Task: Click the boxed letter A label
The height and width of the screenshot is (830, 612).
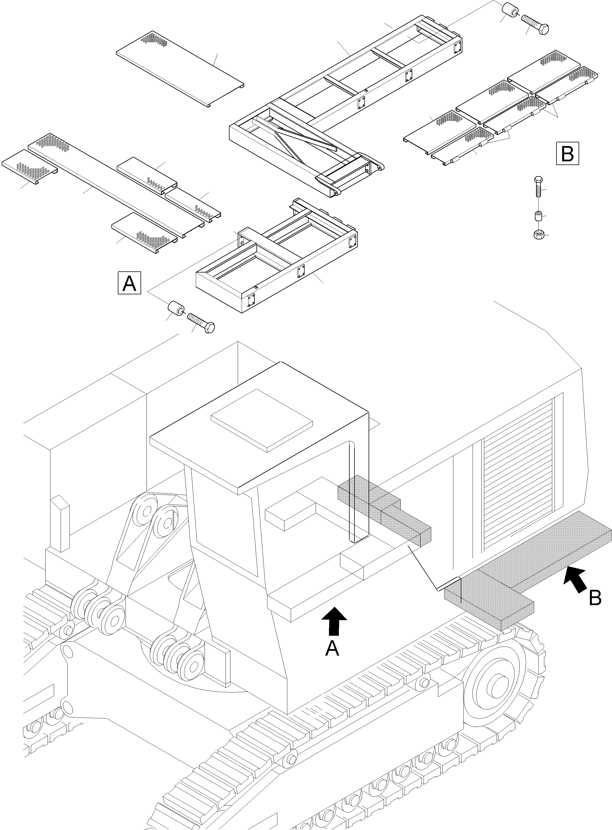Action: pos(129,283)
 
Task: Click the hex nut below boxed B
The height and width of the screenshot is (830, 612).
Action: pos(539,234)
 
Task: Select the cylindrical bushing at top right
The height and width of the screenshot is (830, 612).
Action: pos(509,11)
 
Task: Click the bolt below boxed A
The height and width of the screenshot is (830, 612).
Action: pos(201,322)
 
